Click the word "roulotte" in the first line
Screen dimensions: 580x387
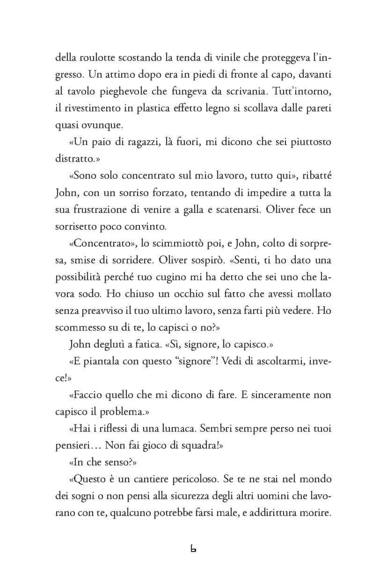97,58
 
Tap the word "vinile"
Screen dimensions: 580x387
228,58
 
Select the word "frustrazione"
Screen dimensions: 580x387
98,210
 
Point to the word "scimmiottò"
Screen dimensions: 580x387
169,243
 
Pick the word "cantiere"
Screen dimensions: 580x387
150,479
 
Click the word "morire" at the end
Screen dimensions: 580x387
314,513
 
